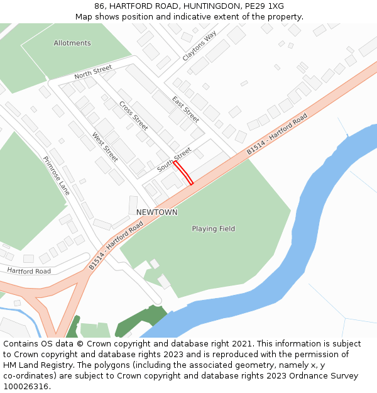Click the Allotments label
click(x=72, y=43)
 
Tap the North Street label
click(x=92, y=72)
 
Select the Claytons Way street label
click(x=199, y=45)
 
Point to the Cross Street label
click(x=133, y=116)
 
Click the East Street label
click(x=185, y=109)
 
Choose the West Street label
click(x=105, y=147)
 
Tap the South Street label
click(x=174, y=160)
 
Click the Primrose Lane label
click(x=56, y=175)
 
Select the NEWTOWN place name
click(x=157, y=213)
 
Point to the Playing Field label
click(x=214, y=229)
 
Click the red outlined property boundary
click(x=183, y=173)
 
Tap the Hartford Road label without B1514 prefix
click(x=29, y=271)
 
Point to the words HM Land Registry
click(x=31, y=365)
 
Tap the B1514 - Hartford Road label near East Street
click(x=276, y=134)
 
